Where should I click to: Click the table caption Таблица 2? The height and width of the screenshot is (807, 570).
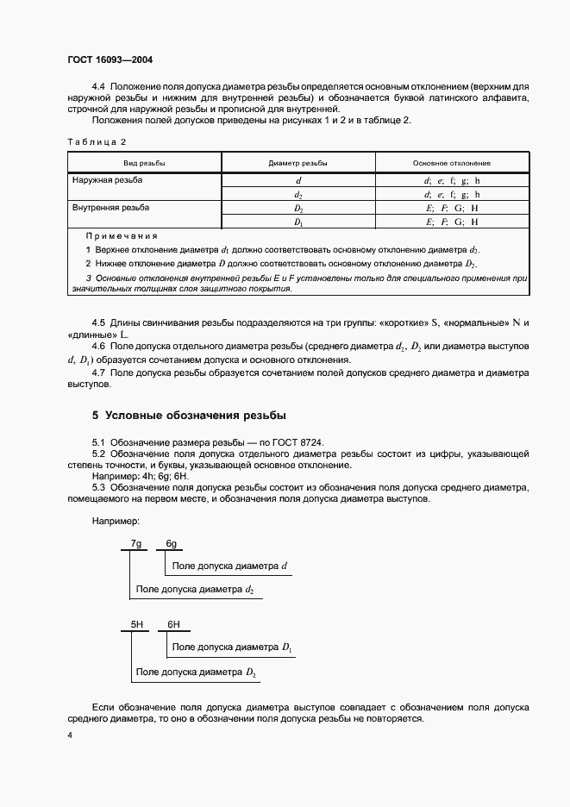(x=97, y=142)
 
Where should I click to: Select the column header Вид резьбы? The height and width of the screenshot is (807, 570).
(x=144, y=163)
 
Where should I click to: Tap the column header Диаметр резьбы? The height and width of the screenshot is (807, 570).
(x=298, y=163)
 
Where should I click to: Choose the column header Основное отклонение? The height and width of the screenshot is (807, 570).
(x=451, y=163)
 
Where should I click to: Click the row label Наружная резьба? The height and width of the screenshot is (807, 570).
(x=108, y=180)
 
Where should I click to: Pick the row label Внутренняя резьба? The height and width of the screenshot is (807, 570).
(x=110, y=208)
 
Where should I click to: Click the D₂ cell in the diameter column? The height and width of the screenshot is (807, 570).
(x=298, y=209)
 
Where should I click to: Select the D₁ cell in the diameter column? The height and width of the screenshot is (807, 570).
(x=298, y=222)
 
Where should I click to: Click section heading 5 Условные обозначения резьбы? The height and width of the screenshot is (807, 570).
(x=189, y=415)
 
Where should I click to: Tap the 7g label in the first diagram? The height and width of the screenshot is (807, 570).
(x=136, y=543)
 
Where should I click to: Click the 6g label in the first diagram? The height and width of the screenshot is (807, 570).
(x=172, y=543)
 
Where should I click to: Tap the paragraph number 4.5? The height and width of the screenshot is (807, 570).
(x=98, y=322)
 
